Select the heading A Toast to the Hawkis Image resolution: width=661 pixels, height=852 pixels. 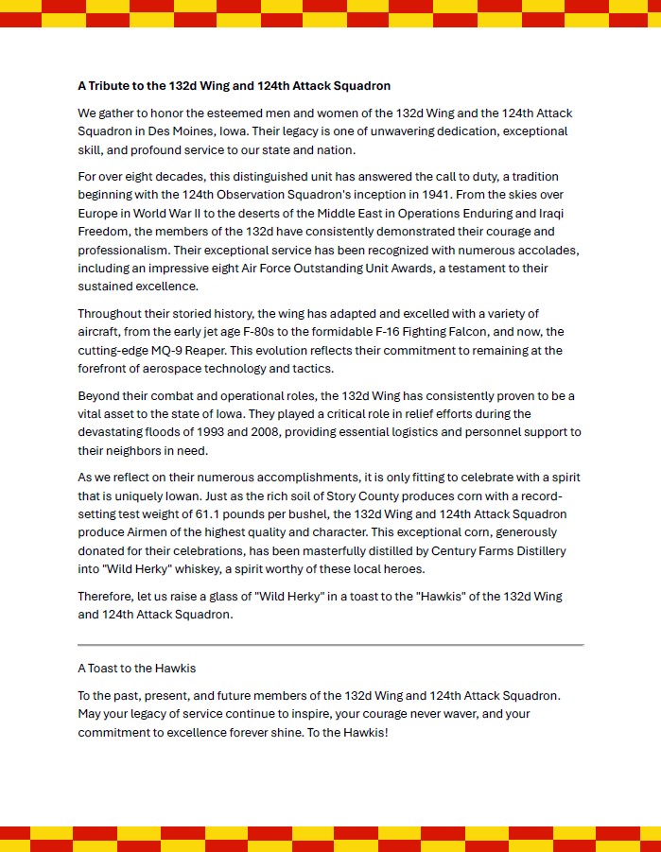click(x=137, y=669)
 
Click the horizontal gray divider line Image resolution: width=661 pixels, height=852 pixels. click(x=330, y=645)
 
